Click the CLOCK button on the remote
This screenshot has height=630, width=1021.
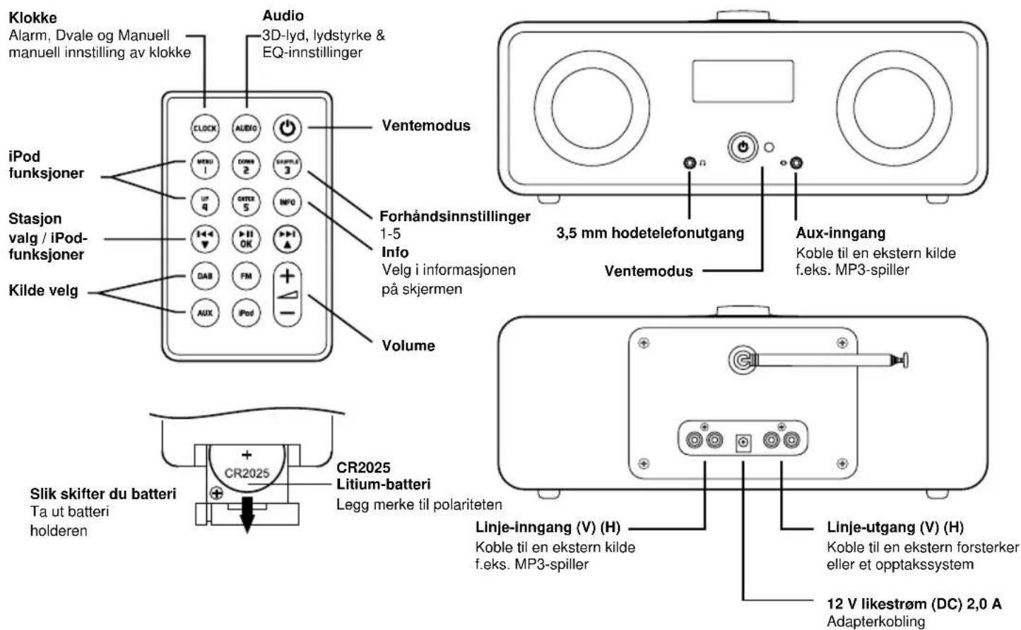pyautogui.click(x=205, y=128)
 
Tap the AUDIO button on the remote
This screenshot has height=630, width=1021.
pyautogui.click(x=246, y=128)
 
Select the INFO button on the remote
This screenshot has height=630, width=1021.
pyautogui.click(x=287, y=203)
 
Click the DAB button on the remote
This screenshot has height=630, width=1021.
pyautogui.click(x=205, y=276)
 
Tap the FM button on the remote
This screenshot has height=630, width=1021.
pyautogui.click(x=246, y=276)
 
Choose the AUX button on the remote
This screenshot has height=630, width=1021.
pyautogui.click(x=205, y=313)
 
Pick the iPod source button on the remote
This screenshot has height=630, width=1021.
pyautogui.click(x=246, y=313)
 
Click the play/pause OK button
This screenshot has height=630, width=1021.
pyautogui.click(x=246, y=239)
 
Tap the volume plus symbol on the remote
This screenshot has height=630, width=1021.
pyautogui.click(x=287, y=275)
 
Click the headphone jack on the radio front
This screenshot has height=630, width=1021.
pyautogui.click(x=690, y=163)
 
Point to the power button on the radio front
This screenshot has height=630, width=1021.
pyautogui.click(x=743, y=147)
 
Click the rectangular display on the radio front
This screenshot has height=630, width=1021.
pyautogui.click(x=743, y=81)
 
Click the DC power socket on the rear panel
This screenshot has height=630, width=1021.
pyautogui.click(x=743, y=442)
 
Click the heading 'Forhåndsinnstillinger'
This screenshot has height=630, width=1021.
pyautogui.click(x=454, y=216)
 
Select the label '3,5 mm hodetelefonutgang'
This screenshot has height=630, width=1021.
pyautogui.click(x=650, y=233)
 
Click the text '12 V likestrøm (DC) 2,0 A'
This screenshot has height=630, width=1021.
pyautogui.click(x=914, y=604)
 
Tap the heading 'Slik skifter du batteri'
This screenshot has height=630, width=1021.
pyautogui.click(x=103, y=494)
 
